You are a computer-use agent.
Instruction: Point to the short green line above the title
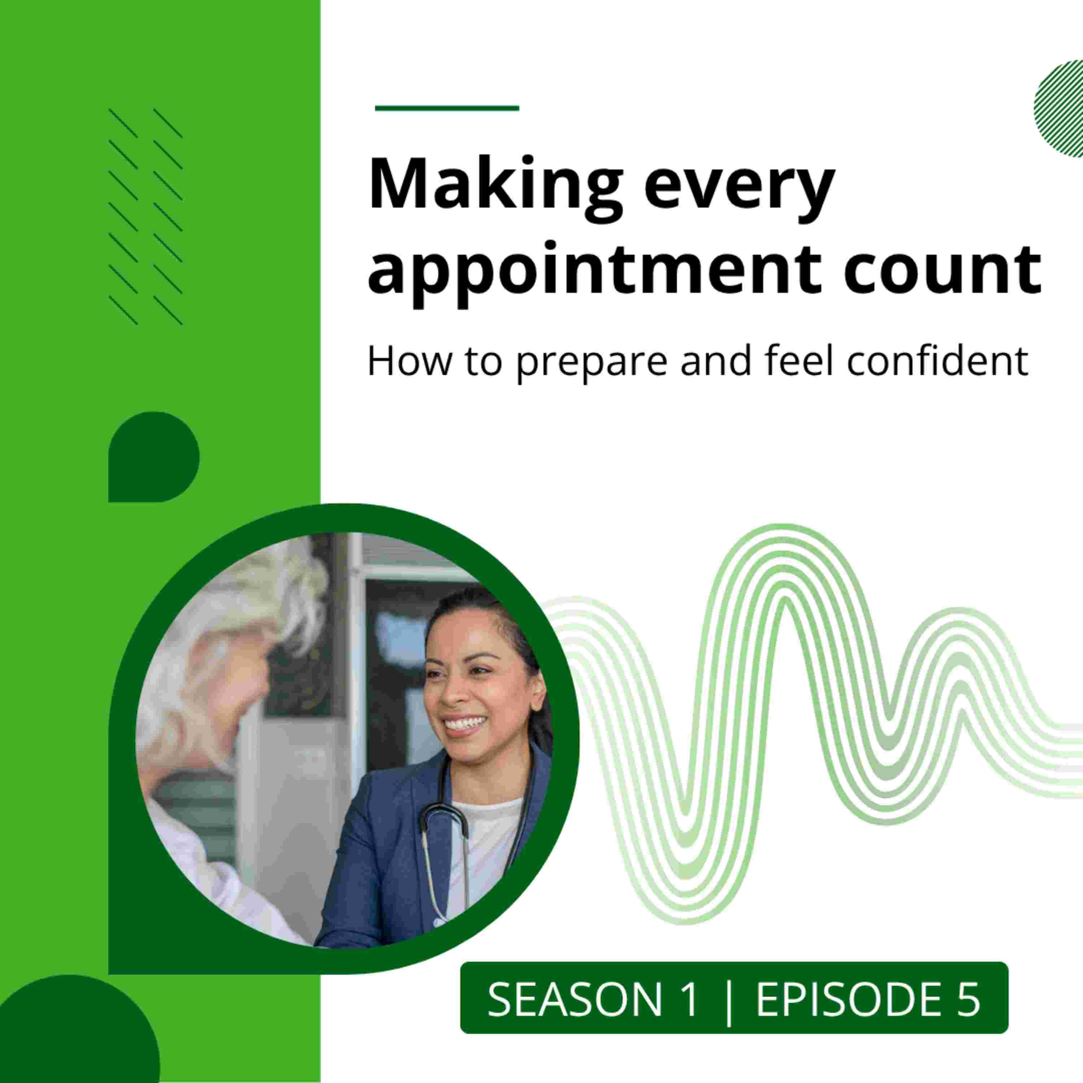click(447, 108)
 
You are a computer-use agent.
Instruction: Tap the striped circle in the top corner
click(1058, 108)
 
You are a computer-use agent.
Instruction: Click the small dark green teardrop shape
click(153, 457)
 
